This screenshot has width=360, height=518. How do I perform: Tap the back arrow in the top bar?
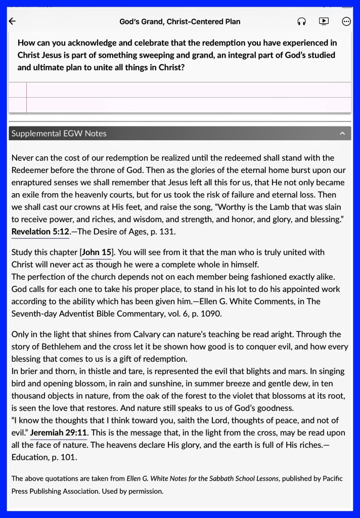tap(13, 21)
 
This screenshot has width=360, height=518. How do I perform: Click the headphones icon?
tap(301, 21)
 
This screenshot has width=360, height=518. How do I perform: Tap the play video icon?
tap(324, 21)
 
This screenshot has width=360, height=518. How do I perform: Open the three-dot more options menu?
tap(346, 21)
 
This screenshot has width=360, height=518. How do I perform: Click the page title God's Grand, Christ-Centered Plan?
tap(180, 21)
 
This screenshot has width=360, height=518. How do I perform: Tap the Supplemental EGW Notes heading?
tap(59, 134)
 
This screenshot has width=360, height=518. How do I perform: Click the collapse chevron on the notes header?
tap(342, 134)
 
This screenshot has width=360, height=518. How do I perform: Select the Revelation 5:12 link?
tap(40, 231)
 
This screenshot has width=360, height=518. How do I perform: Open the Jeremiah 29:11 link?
tap(59, 433)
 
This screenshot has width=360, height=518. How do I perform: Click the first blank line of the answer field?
tap(187, 90)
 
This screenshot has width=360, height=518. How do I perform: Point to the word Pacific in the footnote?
tap(330, 478)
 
